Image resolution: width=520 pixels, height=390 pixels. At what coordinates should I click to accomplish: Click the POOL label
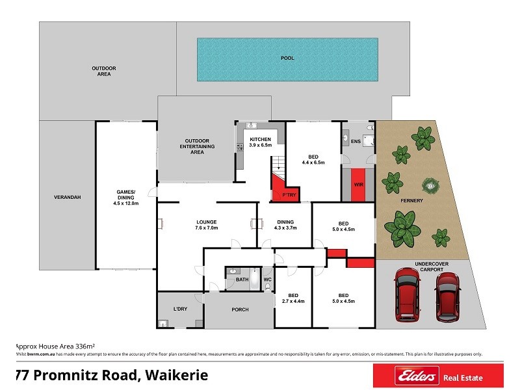pyautogui.click(x=287, y=58)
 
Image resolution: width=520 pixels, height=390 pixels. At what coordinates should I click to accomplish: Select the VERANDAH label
pyautogui.click(x=68, y=197)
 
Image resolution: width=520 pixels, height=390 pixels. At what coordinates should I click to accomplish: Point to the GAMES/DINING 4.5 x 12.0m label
pyautogui.click(x=125, y=197)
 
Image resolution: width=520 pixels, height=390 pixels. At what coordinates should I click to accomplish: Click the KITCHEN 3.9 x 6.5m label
pyautogui.click(x=260, y=142)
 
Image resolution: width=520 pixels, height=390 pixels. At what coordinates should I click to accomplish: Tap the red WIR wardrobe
pyautogui.click(x=358, y=184)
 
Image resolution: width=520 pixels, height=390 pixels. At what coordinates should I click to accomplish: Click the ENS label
pyautogui.click(x=356, y=141)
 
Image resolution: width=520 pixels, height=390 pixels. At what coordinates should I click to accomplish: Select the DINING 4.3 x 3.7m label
pyautogui.click(x=285, y=224)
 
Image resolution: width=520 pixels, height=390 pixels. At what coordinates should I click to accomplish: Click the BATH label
pyautogui.click(x=242, y=279)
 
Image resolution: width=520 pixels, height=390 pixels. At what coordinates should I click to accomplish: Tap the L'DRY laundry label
pyautogui.click(x=180, y=309)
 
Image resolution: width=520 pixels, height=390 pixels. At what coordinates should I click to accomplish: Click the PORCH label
pyautogui.click(x=240, y=309)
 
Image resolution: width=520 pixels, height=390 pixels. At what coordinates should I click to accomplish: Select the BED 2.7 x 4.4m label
pyautogui.click(x=293, y=298)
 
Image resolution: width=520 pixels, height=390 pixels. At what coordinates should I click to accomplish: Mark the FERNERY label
pyautogui.click(x=411, y=200)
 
